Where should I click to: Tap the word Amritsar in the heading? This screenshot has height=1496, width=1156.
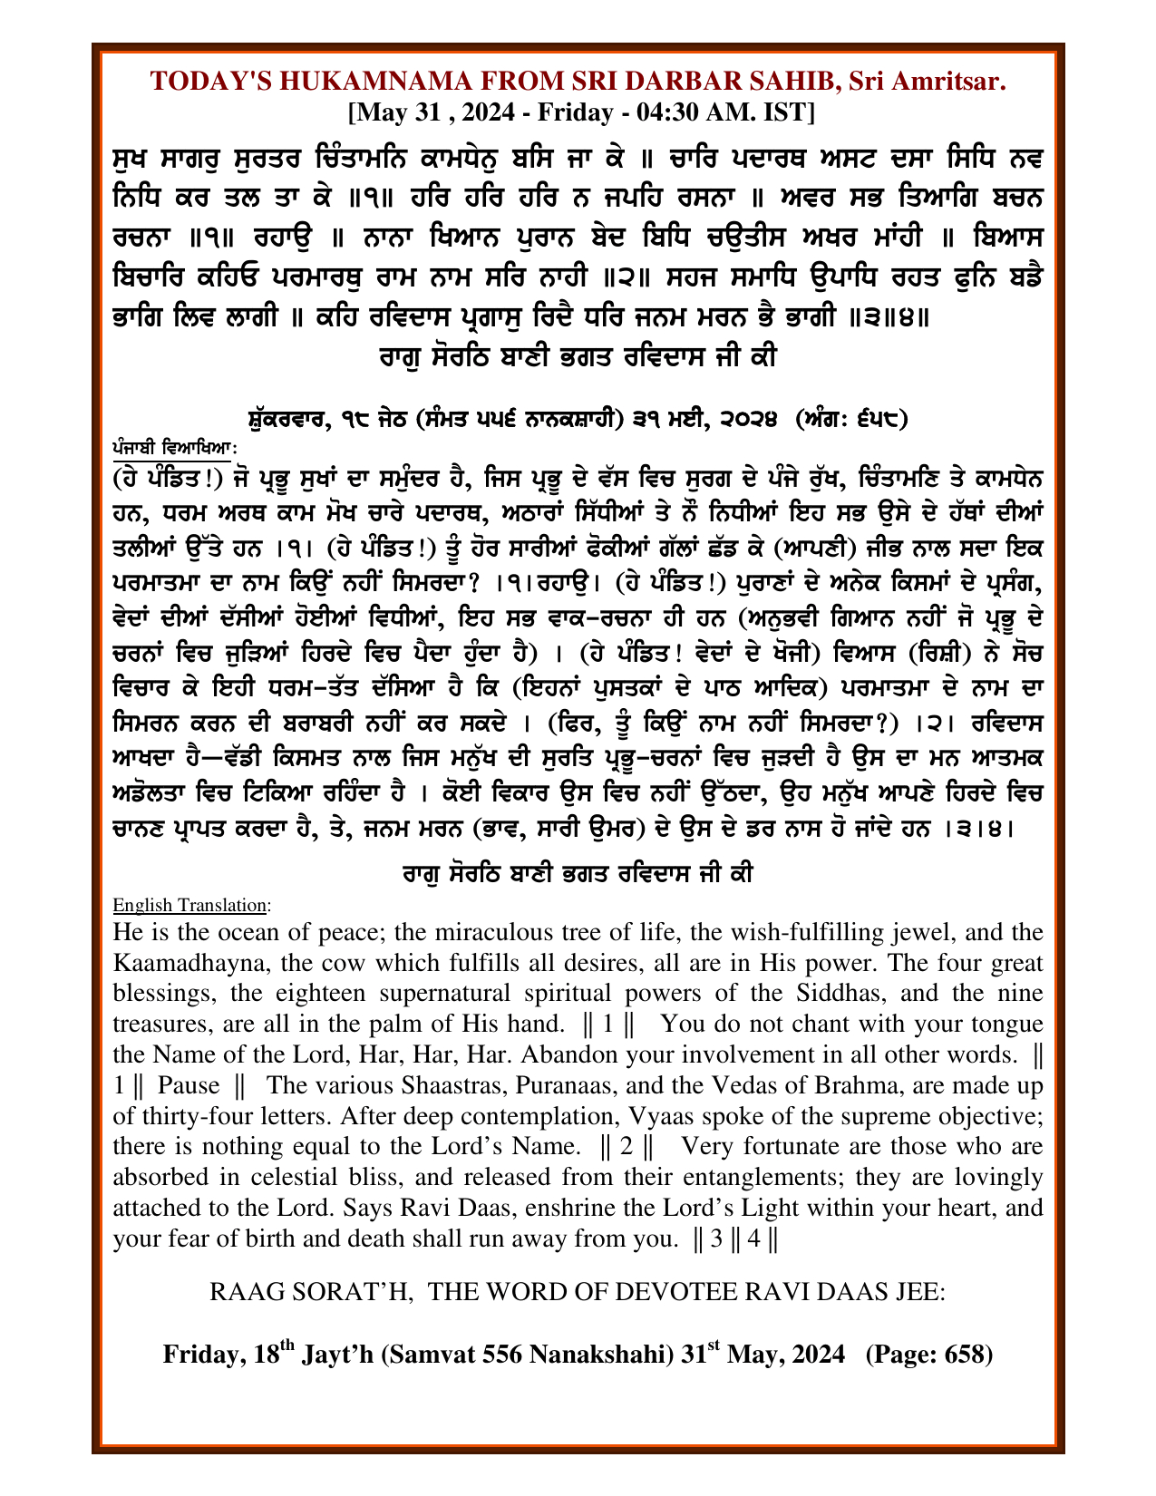(948, 82)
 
